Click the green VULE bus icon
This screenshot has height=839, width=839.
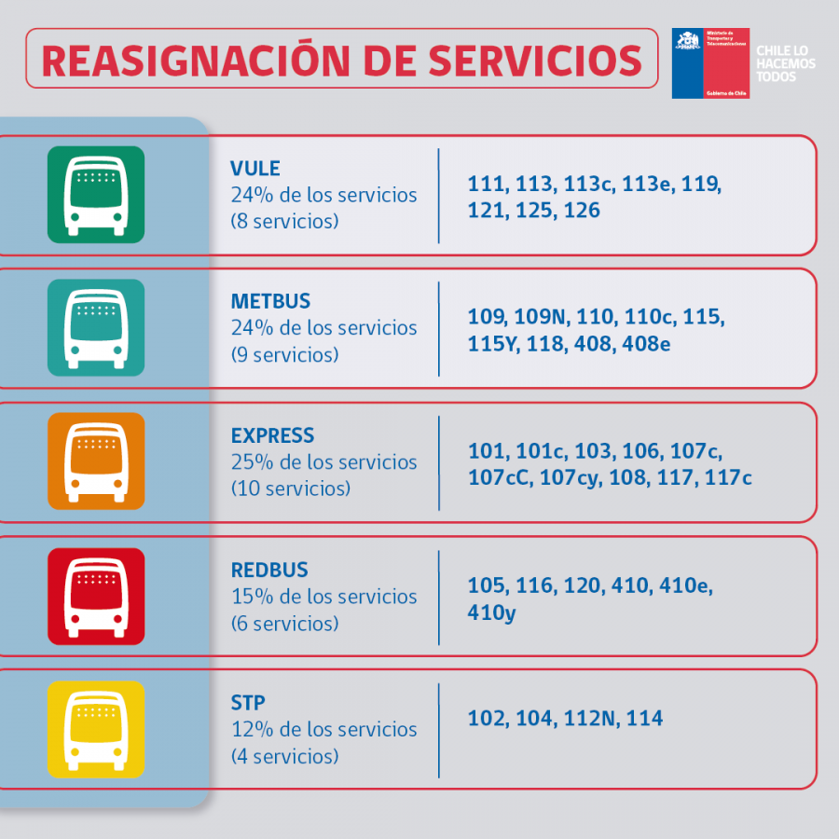pyautogui.click(x=96, y=195)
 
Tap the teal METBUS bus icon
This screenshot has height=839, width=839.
pyautogui.click(x=96, y=327)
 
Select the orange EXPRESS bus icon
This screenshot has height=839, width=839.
pyautogui.click(x=96, y=461)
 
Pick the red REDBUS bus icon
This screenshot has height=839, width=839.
pyautogui.click(x=96, y=596)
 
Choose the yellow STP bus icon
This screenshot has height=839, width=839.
pyautogui.click(x=96, y=729)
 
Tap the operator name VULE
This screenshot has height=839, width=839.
pyautogui.click(x=255, y=169)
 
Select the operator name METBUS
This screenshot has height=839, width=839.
pyautogui.click(x=270, y=302)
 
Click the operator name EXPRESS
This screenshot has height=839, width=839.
pyautogui.click(x=272, y=435)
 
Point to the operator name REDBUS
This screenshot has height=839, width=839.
pyautogui.click(x=269, y=570)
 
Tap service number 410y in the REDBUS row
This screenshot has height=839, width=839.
pyautogui.click(x=491, y=613)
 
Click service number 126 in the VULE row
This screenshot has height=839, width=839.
pyautogui.click(x=582, y=211)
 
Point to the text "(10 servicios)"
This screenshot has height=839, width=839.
pyautogui.click(x=291, y=488)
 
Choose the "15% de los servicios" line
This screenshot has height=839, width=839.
pyautogui.click(x=323, y=596)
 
